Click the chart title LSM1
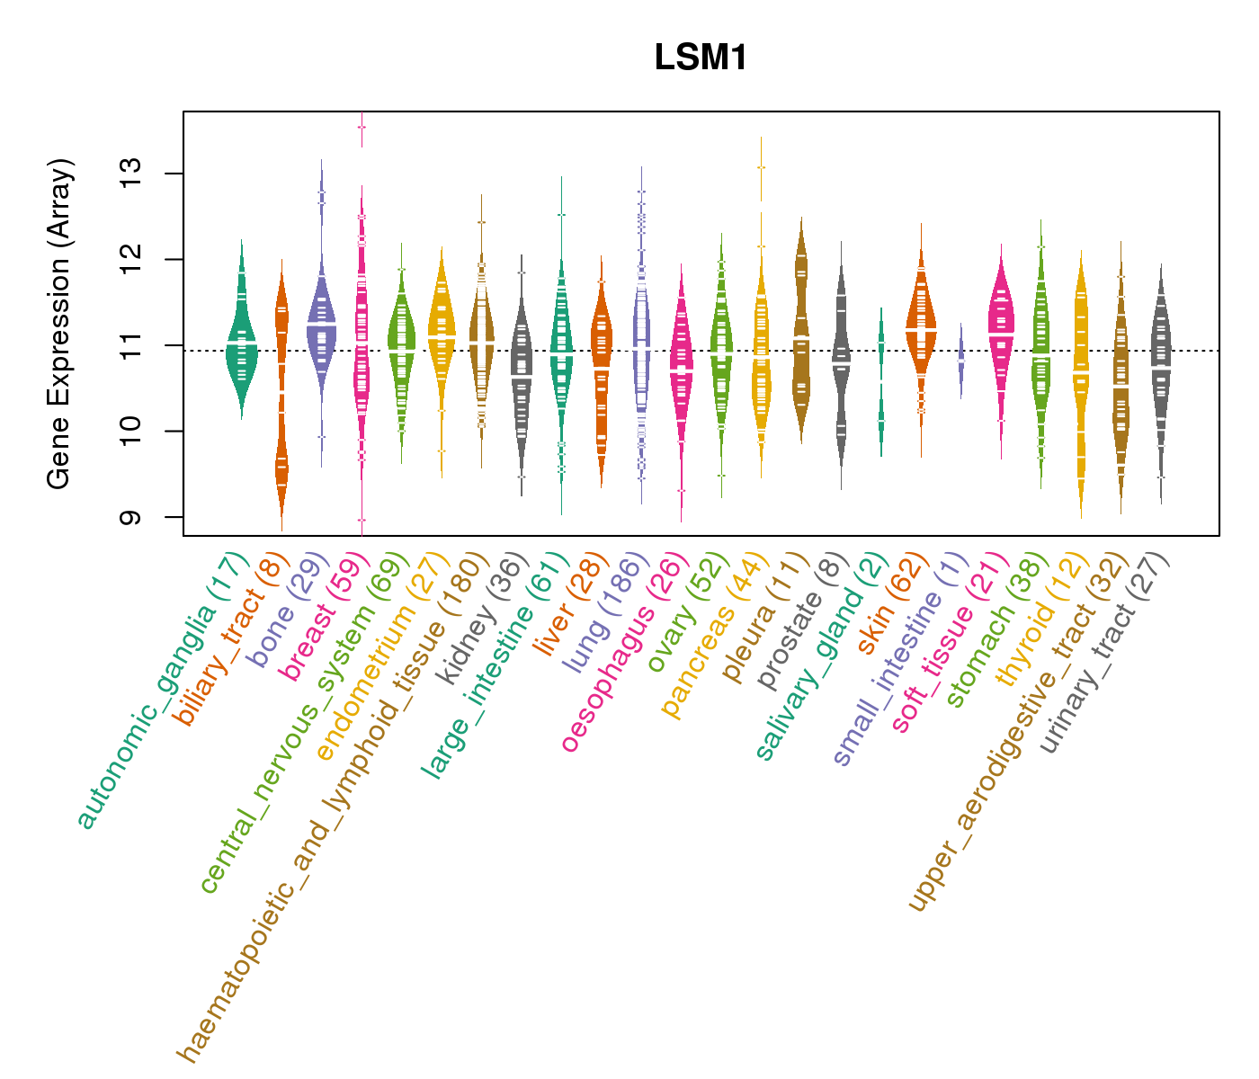click(701, 58)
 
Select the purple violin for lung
click(641, 351)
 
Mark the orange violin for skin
click(921, 328)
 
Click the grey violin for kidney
click(522, 378)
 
